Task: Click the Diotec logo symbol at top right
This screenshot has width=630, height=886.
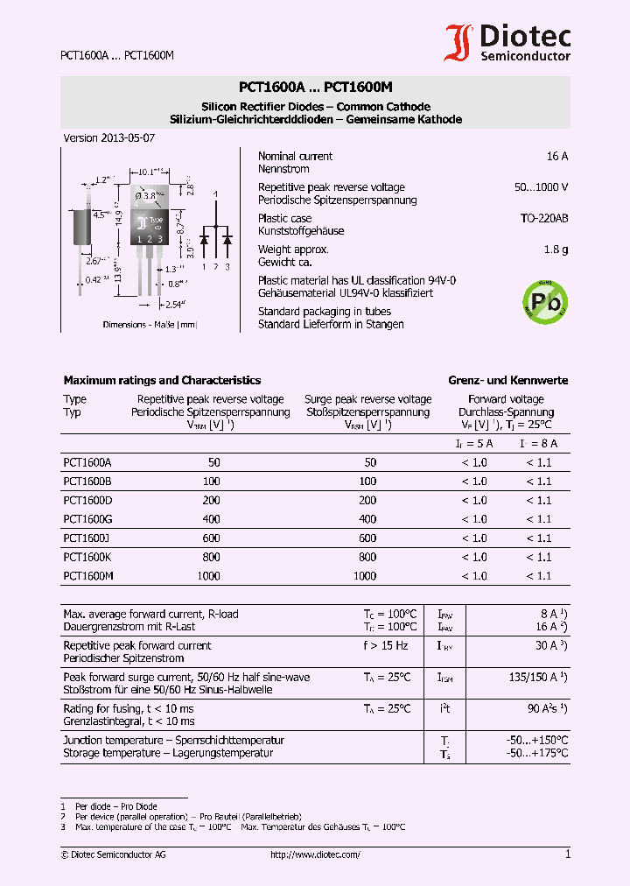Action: pos(458,42)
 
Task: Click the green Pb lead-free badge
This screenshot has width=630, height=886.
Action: pos(544,300)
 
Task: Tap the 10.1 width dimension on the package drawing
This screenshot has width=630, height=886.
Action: pos(154,172)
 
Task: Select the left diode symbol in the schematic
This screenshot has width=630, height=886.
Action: pos(204,238)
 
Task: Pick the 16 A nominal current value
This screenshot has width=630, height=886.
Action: pos(556,157)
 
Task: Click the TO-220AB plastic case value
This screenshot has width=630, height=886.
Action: pos(543,219)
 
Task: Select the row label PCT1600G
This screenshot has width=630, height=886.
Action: pos(87,519)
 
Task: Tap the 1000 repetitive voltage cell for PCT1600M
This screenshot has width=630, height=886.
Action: pos(210,576)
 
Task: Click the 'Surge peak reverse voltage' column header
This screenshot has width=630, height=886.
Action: pos(367,399)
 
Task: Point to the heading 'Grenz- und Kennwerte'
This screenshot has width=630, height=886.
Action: pos(507,381)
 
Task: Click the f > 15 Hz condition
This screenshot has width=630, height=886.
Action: pos(385,646)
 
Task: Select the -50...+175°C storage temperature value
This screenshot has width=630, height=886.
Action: pos(536,753)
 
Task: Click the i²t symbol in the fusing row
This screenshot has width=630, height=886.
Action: pos(445,708)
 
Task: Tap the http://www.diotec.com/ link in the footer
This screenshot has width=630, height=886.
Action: pos(315,854)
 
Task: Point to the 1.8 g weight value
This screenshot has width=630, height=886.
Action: pos(556,250)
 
